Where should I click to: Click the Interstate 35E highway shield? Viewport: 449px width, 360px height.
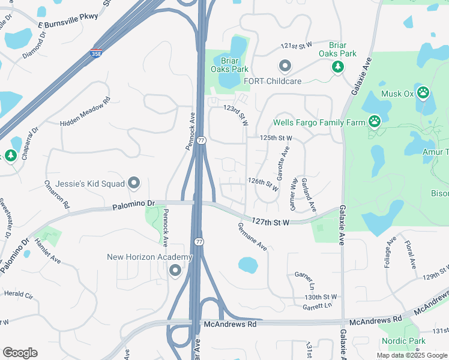[x=96, y=53]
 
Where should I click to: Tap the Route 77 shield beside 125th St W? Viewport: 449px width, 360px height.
[x=201, y=140]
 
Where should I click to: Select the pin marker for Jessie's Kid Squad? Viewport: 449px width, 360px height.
[x=134, y=182]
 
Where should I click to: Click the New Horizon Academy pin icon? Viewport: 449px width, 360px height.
[x=175, y=271]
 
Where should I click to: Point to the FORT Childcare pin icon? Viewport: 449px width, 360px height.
[x=285, y=65]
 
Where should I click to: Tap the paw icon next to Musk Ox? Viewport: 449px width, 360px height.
[x=423, y=93]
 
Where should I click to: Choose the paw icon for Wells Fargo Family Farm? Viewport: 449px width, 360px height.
[x=375, y=122]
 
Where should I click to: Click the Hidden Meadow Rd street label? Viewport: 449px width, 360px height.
[x=86, y=112]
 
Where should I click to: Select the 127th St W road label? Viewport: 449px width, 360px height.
[x=271, y=222]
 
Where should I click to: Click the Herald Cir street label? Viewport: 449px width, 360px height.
[x=18, y=295]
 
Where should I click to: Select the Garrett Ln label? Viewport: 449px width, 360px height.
[x=317, y=306]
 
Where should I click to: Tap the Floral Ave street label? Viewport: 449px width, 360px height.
[x=411, y=254]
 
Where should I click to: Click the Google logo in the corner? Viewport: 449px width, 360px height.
[x=20, y=353]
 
